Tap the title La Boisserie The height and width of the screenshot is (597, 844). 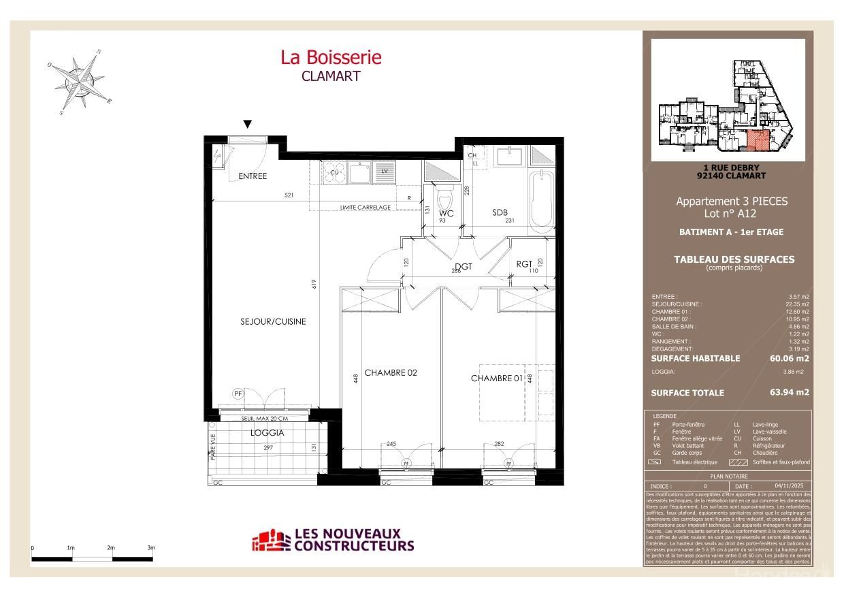point(331,57)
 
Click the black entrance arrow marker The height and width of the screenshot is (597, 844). point(248,124)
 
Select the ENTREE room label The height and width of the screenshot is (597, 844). point(253,176)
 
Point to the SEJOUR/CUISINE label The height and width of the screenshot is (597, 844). point(273,321)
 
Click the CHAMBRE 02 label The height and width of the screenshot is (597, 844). point(390,372)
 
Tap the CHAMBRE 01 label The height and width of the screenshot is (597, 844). point(496,378)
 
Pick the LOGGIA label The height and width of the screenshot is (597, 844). point(267,432)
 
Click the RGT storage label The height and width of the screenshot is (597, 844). point(524,264)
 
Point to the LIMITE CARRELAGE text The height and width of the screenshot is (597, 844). point(365,208)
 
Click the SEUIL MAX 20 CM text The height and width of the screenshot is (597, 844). point(264,418)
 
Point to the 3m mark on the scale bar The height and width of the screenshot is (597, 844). point(151,548)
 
